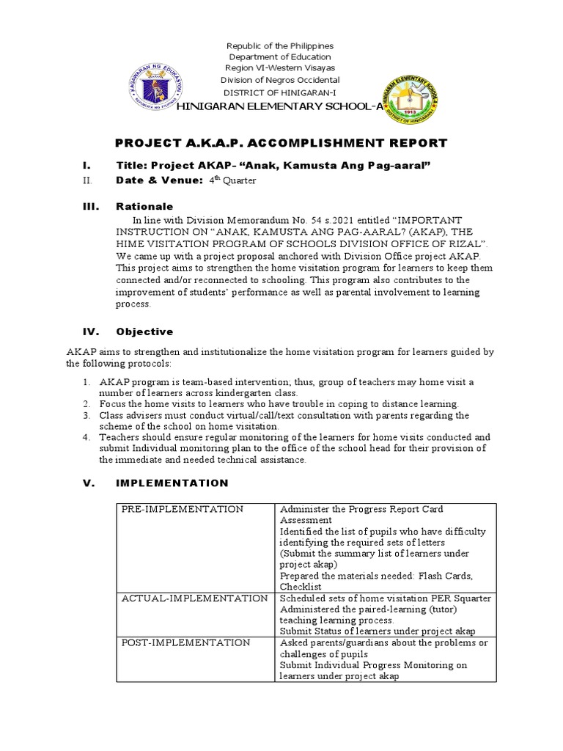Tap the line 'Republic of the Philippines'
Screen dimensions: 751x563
[279, 45]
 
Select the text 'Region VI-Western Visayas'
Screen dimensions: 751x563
[279, 68]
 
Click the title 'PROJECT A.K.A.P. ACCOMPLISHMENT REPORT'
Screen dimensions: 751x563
[281, 143]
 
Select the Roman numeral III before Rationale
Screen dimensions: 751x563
[90, 207]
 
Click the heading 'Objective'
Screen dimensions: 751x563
[144, 331]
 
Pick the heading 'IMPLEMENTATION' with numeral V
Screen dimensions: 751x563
[172, 483]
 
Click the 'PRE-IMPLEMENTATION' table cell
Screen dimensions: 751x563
[182, 509]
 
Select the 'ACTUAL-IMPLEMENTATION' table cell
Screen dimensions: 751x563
[194, 598]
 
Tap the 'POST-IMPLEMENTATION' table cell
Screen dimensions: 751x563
[185, 642]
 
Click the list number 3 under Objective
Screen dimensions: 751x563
[86, 415]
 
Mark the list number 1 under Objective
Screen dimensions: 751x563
[86, 382]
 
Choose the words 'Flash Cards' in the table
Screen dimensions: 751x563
[445, 576]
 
